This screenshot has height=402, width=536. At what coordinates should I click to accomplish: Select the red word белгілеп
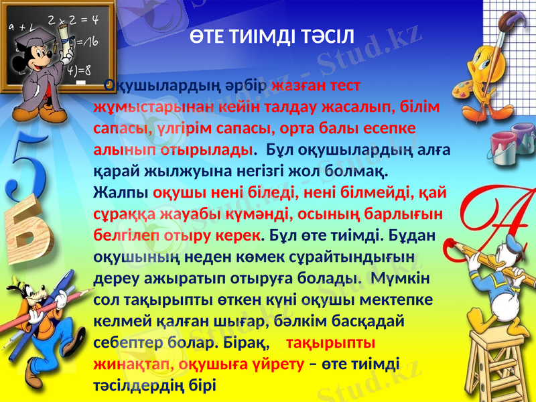[x=121, y=236]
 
